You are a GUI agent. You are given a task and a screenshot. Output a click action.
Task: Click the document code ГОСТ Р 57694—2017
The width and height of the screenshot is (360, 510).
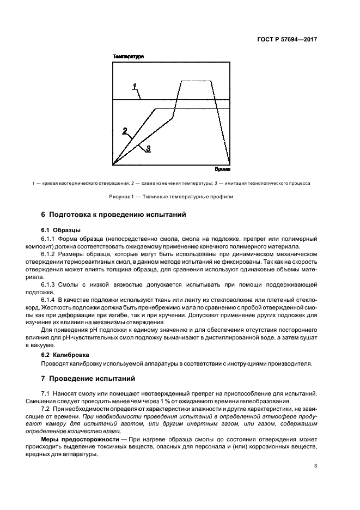288,40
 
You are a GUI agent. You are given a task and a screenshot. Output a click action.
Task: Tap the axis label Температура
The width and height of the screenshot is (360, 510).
128,57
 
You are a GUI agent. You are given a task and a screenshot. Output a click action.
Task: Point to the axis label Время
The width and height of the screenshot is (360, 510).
223,170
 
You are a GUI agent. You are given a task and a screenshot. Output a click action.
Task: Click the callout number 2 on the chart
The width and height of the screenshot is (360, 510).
125,131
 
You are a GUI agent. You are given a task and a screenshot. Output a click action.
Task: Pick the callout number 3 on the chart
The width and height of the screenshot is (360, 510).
148,148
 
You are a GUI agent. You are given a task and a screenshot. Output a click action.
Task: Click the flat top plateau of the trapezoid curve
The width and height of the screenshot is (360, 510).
197,81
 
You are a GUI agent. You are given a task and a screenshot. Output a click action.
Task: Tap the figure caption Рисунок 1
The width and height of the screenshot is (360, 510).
180,197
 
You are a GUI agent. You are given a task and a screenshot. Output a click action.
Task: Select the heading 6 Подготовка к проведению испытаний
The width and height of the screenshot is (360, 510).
114,215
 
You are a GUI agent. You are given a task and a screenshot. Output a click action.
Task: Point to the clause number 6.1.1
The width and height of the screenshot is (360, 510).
50,239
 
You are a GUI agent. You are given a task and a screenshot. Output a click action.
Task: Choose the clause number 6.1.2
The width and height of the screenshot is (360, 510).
50,254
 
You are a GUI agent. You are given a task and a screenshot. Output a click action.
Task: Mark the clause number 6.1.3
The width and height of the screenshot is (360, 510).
50,285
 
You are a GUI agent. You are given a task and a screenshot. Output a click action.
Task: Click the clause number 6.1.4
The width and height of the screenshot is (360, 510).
50,300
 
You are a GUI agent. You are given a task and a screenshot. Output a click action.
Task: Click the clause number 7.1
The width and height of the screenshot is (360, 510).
46,393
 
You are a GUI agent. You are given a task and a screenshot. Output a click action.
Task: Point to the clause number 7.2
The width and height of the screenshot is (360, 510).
46,409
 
